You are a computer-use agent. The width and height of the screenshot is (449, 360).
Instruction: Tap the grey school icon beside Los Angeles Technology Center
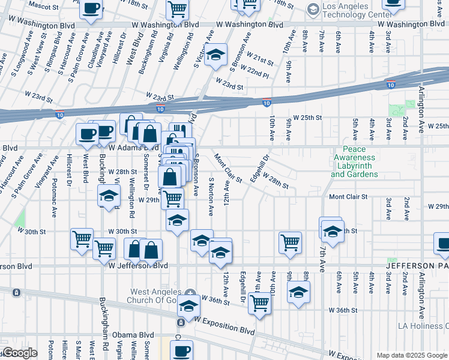pyautogui.click(x=313, y=9)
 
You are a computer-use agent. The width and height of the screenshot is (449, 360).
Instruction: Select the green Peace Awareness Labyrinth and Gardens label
pyautogui.click(x=354, y=161)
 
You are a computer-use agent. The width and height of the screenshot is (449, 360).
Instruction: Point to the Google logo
pyautogui.click(x=20, y=353)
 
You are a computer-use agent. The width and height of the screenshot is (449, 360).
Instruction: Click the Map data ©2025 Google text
pyautogui.click(x=412, y=355)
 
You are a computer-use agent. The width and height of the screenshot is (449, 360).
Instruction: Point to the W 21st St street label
pyautogui.click(x=261, y=61)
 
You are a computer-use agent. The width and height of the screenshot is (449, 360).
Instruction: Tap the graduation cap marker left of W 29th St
pyautogui.click(x=109, y=196)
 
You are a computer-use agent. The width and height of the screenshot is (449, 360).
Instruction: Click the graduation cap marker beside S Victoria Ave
pyautogui.click(x=215, y=55)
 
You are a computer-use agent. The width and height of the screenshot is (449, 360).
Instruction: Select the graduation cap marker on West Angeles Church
pyautogui.click(x=188, y=306)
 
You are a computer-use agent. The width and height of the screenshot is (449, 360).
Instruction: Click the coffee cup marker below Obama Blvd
pyautogui.click(x=181, y=350)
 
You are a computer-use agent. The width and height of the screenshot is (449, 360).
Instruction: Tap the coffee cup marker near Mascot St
pyautogui.click(x=91, y=8)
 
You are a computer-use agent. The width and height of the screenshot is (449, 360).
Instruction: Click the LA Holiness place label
pyautogui.click(x=423, y=326)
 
